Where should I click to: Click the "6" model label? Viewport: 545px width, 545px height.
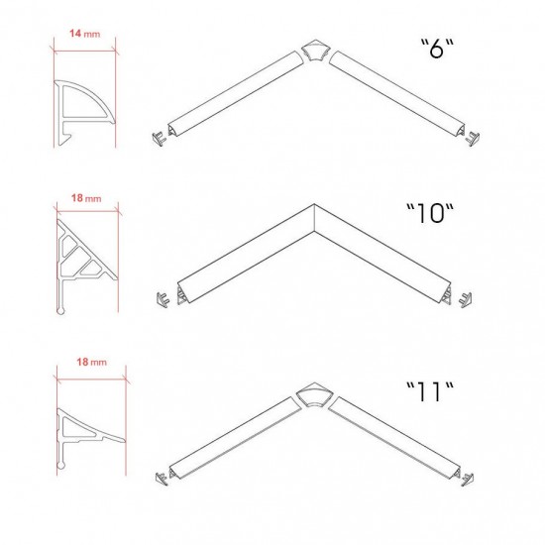[437, 48]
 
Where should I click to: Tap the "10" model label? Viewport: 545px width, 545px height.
[430, 213]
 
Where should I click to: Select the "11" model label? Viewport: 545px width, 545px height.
[430, 391]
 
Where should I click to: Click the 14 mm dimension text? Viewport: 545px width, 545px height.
[85, 34]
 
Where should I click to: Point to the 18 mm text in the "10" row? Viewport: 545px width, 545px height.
[86, 198]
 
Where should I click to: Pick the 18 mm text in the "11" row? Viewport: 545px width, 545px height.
[92, 362]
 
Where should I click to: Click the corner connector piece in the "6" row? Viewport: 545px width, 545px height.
[314, 51]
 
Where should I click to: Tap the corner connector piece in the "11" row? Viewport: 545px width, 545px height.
[314, 394]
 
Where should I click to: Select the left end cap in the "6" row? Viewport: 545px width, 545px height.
[159, 139]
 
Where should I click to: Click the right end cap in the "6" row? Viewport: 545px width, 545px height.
[473, 139]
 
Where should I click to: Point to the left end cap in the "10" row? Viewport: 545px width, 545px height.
[163, 300]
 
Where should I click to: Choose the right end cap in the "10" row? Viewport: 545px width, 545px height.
[465, 300]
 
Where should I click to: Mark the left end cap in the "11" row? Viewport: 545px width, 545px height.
[162, 479]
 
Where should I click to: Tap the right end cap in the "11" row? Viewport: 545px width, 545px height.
[467, 480]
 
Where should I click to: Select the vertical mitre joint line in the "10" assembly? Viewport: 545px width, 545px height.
[314, 217]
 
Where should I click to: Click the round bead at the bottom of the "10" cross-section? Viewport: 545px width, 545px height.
[60, 311]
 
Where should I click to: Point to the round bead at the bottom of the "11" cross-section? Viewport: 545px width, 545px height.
[60, 465]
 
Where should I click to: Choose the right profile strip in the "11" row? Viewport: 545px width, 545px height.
[394, 438]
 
